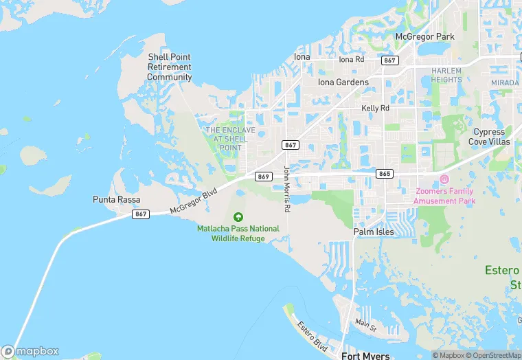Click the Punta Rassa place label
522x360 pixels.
coord(117,199)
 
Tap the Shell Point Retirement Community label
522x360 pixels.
coord(169,67)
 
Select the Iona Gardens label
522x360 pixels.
coord(343,82)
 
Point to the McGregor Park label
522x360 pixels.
coord(425,36)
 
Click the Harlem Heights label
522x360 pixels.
coord(446,75)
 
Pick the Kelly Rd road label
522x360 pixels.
coord(375,109)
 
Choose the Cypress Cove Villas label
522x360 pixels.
coord(489,137)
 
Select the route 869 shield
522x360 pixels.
coord(264,177)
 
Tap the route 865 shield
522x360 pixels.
coord(385,174)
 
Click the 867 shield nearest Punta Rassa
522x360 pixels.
coord(141,214)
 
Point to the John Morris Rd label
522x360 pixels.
coord(287,189)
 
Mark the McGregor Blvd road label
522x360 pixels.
coord(193,201)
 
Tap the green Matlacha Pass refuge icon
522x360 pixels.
coord(238,217)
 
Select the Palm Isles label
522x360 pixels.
coord(374,232)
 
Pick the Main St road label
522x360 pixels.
coord(366,322)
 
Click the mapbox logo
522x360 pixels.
coord(30,350)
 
